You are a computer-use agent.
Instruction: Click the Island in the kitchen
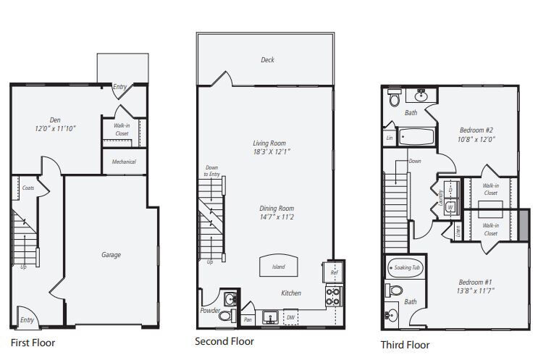point(279,265)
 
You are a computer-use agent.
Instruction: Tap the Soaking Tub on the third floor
point(405,268)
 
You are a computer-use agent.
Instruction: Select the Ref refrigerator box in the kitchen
point(332,272)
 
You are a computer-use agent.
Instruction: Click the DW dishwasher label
point(290,317)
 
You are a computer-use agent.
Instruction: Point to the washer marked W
point(450,207)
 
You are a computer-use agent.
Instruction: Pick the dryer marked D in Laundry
point(450,190)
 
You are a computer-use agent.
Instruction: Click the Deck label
point(267,59)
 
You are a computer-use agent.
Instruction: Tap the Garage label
point(111,255)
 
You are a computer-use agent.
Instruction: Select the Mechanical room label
point(124,162)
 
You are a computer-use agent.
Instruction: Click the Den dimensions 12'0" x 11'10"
point(55,129)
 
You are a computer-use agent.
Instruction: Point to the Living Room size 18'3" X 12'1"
point(272,151)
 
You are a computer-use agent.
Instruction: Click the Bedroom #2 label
point(476,130)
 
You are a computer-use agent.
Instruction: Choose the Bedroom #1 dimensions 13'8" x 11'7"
point(475,290)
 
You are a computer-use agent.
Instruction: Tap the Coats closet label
point(28,188)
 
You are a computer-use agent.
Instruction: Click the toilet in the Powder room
point(225,315)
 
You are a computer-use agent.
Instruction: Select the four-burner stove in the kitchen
point(334,297)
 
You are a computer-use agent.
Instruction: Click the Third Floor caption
point(405,345)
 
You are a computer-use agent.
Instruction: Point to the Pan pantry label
point(248,319)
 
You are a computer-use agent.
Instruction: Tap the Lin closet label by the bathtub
point(390,138)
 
